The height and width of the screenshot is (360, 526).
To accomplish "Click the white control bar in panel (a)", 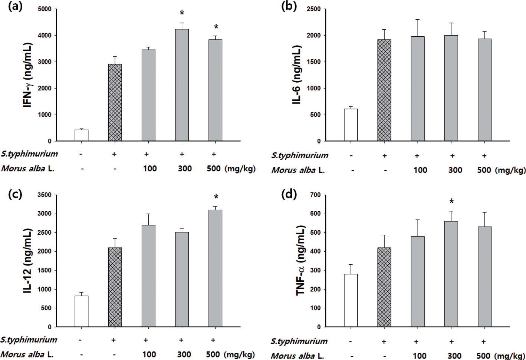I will (82, 135).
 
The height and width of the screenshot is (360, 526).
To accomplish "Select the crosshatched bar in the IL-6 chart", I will (384, 90).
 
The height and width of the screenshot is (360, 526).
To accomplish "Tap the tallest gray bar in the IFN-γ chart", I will (182, 85).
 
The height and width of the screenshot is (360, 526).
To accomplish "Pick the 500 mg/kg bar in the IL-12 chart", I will (216, 268).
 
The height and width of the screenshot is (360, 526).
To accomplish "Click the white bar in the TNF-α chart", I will (351, 300).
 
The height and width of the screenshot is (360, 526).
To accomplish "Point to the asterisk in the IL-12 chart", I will (216, 197).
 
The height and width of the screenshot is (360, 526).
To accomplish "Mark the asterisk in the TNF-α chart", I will (451, 202).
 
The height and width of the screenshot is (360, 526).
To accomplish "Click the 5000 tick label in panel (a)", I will (45, 9).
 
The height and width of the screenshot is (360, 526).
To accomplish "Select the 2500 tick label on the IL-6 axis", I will (313, 9).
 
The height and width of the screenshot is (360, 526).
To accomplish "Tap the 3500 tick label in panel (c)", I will (45, 195).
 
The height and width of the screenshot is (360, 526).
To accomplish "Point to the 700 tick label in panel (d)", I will (316, 195).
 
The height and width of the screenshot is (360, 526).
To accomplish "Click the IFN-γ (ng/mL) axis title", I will (28, 75).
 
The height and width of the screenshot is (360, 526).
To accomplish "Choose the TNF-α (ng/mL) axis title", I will (300, 261).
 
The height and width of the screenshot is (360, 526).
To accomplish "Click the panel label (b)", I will (289, 7).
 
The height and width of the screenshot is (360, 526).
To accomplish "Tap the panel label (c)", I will (15, 194).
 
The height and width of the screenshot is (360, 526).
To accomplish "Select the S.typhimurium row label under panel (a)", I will (30, 154).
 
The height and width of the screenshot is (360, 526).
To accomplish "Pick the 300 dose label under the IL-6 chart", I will (455, 170).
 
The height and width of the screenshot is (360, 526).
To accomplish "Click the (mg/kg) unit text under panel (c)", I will (240, 354).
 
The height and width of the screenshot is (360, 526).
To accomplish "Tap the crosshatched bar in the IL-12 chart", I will (115, 287).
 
